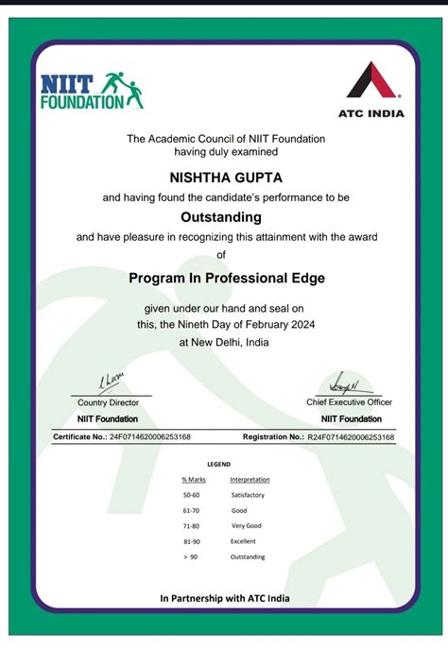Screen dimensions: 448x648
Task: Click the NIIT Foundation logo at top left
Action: [x=91, y=89]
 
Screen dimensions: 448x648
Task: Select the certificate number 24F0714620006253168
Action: [x=150, y=437]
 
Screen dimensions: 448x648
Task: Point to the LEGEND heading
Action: [x=218, y=465]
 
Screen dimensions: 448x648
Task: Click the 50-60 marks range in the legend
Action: [x=192, y=495]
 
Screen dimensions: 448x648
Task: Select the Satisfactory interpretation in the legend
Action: [x=248, y=495]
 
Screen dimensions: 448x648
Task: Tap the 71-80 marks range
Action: [x=192, y=525]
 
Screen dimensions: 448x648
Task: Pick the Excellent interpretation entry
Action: [x=243, y=541]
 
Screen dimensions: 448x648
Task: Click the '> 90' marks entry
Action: [x=191, y=556]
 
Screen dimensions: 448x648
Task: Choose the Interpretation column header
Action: [x=250, y=480]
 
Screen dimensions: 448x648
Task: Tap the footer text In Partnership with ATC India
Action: [x=225, y=598]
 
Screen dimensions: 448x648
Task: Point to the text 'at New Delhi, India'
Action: [x=223, y=343]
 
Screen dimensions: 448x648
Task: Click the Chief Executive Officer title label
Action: [x=350, y=402]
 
